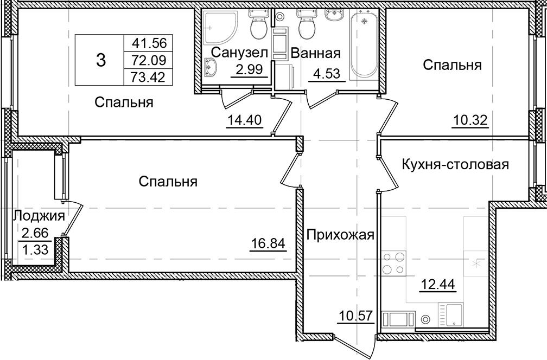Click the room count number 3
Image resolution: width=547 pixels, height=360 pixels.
100,60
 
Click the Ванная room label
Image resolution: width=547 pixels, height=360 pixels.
315,53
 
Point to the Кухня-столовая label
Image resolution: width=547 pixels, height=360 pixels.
455,165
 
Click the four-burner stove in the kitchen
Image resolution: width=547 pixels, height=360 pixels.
394,263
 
